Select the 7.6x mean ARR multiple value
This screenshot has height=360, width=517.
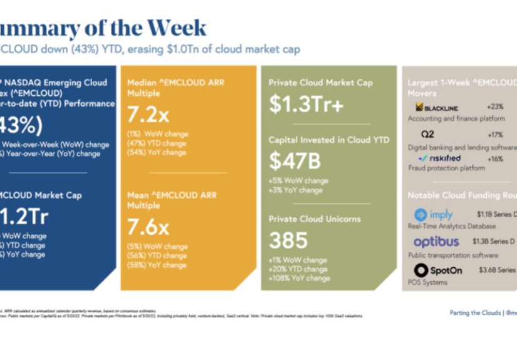pyautogui.click(x=148, y=224)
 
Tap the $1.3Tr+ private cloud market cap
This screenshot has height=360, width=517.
pyautogui.click(x=306, y=105)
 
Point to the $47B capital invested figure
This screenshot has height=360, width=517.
pyautogui.click(x=295, y=162)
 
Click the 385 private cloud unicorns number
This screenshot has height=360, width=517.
pyautogui.click(x=288, y=240)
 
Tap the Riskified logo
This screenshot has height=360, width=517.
pyautogui.click(x=440, y=158)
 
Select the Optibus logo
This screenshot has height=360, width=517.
pyautogui.click(x=436, y=242)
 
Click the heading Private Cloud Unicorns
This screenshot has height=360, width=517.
pyautogui.click(x=314, y=219)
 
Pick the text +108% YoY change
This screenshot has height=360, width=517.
pyautogui.click(x=300, y=278)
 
